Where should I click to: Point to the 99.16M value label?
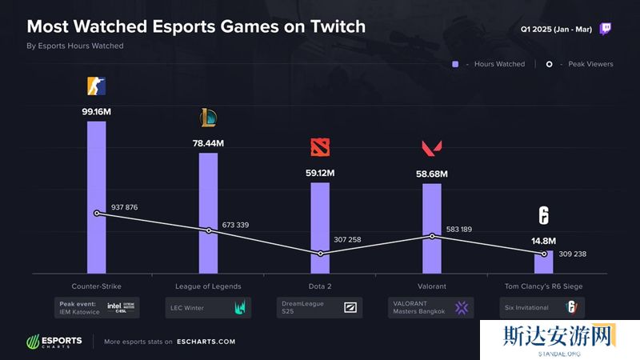coord(96,113)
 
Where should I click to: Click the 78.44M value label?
coord(208,143)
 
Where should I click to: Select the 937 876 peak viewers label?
coord(125,207)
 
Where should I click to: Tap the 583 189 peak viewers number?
coord(459,230)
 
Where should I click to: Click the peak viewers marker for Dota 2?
coord(320,254)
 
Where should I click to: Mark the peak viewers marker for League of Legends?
coord(209,230)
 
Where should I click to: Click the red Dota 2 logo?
coord(320,148)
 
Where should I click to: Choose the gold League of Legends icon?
coord(208,118)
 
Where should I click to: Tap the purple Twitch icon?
coord(606,29)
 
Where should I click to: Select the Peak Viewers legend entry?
coord(580,64)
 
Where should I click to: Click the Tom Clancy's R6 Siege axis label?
coord(543,286)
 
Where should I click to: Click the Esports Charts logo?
coord(54,342)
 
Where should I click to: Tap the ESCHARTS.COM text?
coord(206,342)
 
